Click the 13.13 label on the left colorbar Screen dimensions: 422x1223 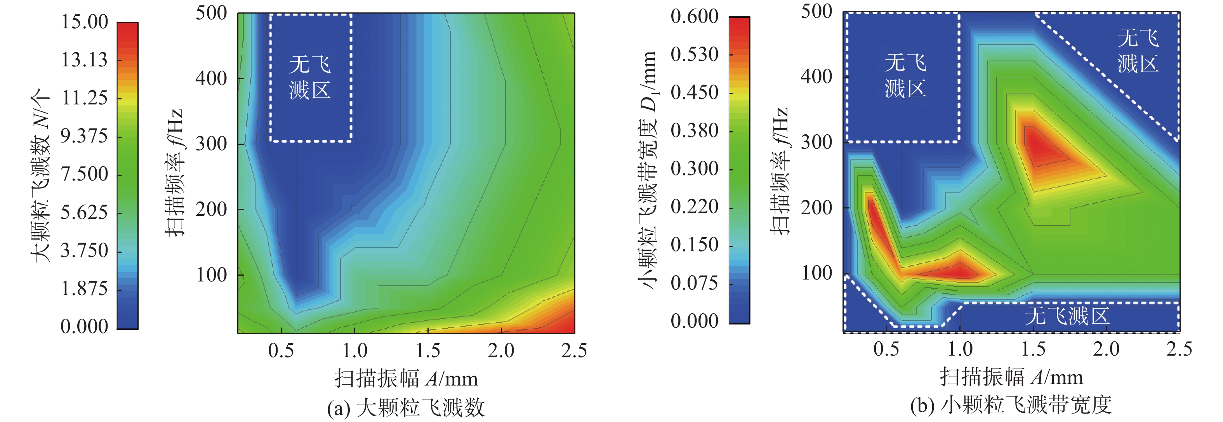tap(85, 60)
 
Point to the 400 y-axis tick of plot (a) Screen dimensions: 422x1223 tap(211, 78)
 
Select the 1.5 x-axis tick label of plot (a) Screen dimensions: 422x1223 tap(428, 350)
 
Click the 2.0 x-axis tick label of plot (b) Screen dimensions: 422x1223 tap(1106, 349)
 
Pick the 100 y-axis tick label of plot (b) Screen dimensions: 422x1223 tap(816, 273)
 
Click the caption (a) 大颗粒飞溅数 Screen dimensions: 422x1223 tap(406, 408)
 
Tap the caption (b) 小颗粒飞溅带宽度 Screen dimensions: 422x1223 tap(1011, 405)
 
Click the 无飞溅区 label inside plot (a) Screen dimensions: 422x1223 tap(310, 77)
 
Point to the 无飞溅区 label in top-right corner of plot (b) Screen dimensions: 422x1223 tap(1138, 51)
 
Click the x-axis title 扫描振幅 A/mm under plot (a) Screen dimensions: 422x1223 tap(406, 379)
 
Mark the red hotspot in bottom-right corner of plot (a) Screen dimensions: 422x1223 tap(560, 318)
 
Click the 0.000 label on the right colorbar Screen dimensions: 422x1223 tap(694, 321)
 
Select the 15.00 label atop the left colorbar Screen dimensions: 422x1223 tap(85, 22)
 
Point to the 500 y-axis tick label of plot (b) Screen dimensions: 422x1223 tap(816, 11)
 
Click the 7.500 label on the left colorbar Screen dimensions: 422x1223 tap(85, 174)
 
